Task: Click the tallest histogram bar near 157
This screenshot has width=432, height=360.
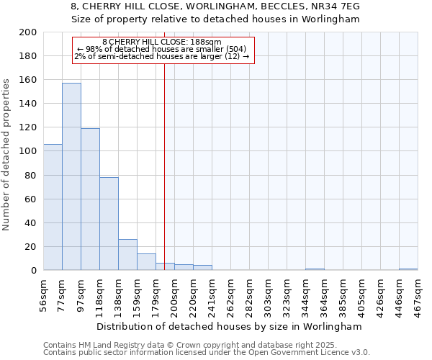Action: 71,176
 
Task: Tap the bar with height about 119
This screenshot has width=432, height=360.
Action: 90,199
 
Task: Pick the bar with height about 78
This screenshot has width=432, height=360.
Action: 109,224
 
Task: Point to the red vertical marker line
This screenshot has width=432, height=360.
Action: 164,166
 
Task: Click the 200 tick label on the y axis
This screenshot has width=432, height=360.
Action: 29,32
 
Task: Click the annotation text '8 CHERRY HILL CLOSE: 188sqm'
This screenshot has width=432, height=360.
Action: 162,42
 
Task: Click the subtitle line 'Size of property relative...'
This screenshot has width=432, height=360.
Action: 215,19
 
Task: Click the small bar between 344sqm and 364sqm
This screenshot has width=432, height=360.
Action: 315,269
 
